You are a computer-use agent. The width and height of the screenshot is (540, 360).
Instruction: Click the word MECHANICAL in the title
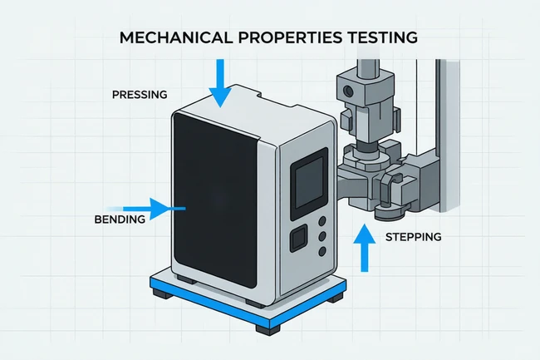click(175, 37)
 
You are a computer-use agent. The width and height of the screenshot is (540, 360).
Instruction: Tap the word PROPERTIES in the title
click(290, 37)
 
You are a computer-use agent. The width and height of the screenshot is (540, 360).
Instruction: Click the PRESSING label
click(140, 95)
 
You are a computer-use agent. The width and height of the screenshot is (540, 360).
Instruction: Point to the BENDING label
click(120, 219)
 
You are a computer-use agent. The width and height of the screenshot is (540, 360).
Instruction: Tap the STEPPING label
click(413, 237)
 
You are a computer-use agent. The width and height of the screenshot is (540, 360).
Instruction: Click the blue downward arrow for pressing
click(220, 83)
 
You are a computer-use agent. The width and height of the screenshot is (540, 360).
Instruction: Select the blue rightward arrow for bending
click(146, 209)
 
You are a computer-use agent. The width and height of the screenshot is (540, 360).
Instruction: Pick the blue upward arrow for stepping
click(365, 248)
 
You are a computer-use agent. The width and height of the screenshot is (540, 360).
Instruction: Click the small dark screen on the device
click(308, 184)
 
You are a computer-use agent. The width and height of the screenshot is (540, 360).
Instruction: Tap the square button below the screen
click(298, 238)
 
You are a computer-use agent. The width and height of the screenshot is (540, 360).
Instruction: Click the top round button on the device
click(322, 221)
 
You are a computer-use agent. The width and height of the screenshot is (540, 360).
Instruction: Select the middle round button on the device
click(322, 236)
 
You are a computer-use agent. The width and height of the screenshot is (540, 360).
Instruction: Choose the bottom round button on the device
click(322, 251)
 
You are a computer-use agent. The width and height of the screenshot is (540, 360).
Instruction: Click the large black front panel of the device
click(216, 200)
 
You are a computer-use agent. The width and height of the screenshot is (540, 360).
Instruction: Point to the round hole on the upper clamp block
click(349, 91)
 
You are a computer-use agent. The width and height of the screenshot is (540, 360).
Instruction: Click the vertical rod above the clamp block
click(368, 67)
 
